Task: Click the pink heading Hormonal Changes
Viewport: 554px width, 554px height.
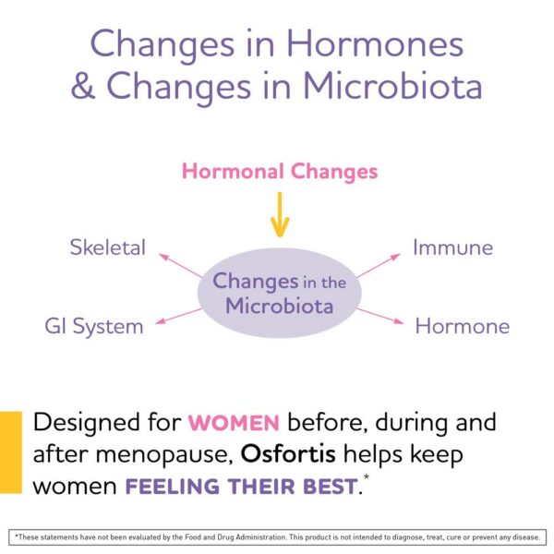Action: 279,172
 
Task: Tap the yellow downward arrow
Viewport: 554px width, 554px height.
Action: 279,214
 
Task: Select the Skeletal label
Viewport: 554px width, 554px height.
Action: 107,247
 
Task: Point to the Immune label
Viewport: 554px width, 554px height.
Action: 452,247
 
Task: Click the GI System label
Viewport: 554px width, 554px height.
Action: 94,326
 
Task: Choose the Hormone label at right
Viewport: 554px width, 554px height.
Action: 462,326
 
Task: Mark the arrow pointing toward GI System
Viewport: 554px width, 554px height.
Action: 179,317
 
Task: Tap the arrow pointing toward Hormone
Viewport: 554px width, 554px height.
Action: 380,315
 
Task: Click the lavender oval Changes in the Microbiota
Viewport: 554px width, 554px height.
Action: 279,293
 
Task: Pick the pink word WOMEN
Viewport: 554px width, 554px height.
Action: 234,424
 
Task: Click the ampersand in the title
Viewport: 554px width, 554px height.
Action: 85,85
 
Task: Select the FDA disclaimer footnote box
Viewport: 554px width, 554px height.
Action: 277,536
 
